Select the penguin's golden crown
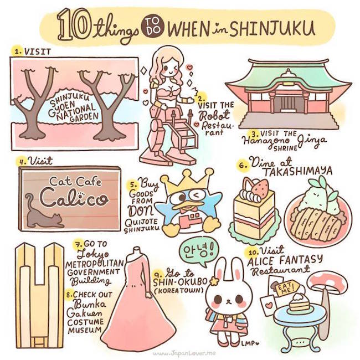point(188,181)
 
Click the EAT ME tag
point(286,288)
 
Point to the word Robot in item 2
point(214,115)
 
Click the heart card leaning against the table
point(268,305)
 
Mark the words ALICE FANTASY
point(285,260)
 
